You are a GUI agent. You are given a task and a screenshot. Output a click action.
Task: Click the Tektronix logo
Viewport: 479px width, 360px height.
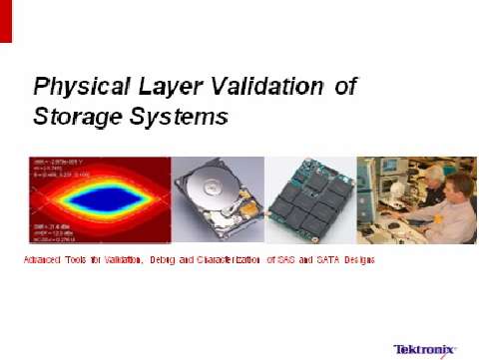coord(425,349)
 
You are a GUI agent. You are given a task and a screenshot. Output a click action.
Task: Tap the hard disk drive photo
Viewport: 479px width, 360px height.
coord(218,199)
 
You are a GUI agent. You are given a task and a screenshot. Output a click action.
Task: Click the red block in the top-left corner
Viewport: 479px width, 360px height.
coord(6,21)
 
